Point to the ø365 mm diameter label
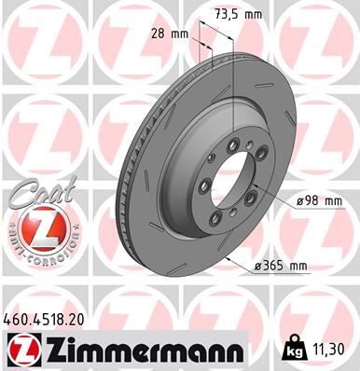tap(283, 268)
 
